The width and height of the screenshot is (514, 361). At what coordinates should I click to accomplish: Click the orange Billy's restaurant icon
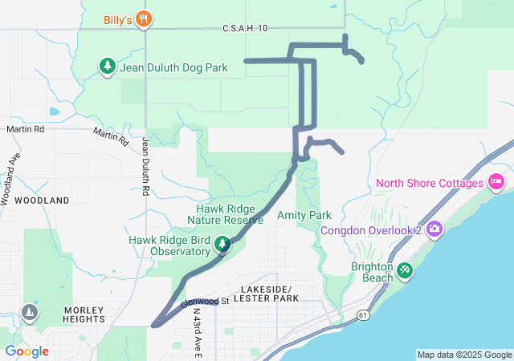(144, 19)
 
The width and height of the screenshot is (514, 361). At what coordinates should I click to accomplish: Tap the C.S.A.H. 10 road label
(244, 29)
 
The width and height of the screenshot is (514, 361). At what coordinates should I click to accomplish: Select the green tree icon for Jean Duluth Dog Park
(107, 67)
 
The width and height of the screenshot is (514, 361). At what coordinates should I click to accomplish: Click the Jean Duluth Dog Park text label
(173, 68)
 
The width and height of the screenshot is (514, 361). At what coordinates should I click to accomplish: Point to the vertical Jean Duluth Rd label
(146, 167)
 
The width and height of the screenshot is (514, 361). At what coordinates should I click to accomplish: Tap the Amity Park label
(304, 216)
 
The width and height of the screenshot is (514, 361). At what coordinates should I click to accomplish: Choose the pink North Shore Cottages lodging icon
(496, 183)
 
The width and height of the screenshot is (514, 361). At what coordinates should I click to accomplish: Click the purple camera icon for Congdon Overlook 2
(434, 231)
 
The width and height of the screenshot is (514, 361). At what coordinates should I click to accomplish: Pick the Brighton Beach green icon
(405, 271)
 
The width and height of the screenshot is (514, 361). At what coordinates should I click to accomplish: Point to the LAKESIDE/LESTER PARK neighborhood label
(269, 294)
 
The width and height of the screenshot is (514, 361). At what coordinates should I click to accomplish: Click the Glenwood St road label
(206, 302)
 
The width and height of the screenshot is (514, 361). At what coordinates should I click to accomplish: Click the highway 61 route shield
(365, 316)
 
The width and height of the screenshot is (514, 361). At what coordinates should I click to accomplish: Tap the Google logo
(27, 351)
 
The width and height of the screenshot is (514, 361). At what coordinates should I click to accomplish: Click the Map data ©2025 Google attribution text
(463, 355)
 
